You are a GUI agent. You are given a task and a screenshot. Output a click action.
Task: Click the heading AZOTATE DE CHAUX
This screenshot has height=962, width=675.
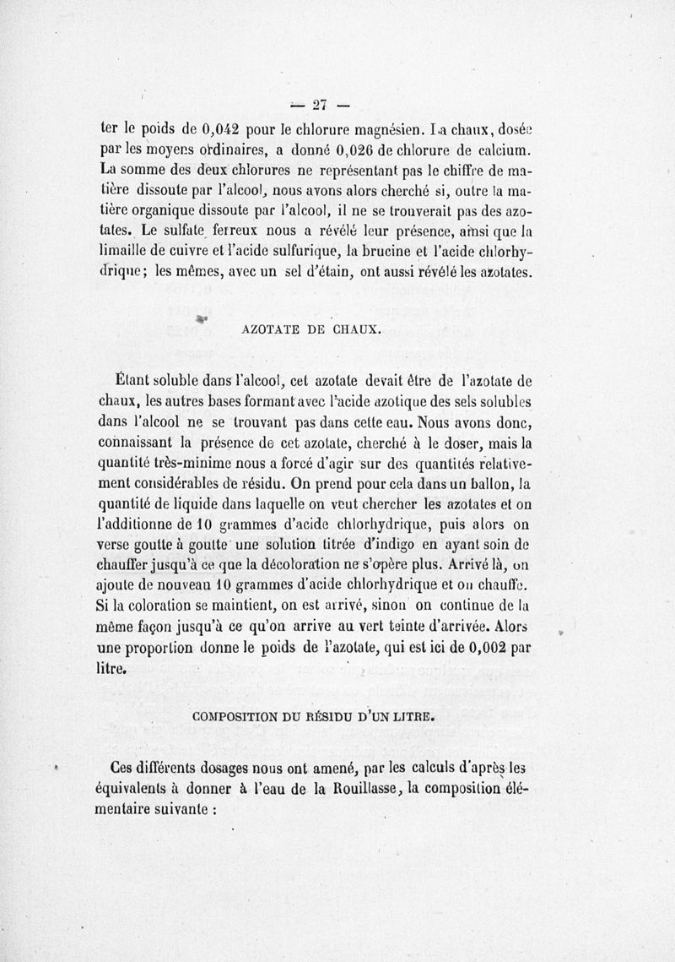click(x=314, y=330)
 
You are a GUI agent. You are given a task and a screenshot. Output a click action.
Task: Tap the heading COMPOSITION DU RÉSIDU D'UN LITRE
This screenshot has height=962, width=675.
click(x=314, y=717)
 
